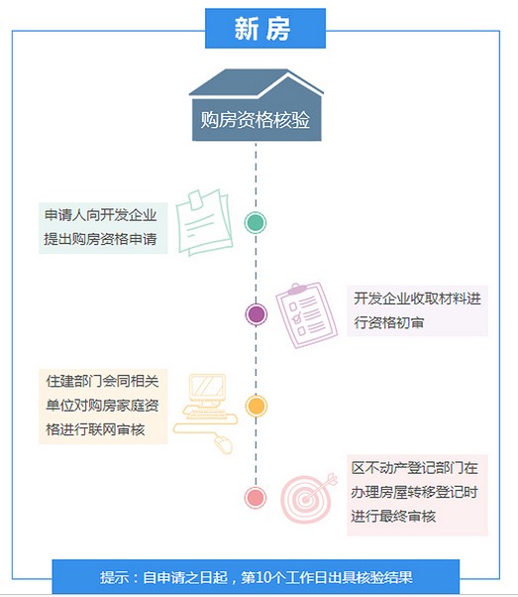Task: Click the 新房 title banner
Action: [x=265, y=29]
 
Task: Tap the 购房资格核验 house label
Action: [x=256, y=120]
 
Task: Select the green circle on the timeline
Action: [x=256, y=223]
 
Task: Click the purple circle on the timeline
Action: [x=256, y=314]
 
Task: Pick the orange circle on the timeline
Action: [x=256, y=406]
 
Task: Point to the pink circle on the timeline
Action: [x=256, y=497]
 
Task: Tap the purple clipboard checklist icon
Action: [x=306, y=315]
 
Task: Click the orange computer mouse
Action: [x=223, y=444]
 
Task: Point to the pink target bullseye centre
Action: [x=305, y=499]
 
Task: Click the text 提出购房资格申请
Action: [x=100, y=239]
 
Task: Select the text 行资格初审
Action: [x=388, y=322]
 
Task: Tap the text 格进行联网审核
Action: [x=95, y=429]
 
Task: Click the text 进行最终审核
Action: [x=393, y=517]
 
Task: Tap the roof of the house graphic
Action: [x=256, y=83]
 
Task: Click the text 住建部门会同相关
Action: [x=102, y=381]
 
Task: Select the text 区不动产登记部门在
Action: [x=415, y=467]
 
